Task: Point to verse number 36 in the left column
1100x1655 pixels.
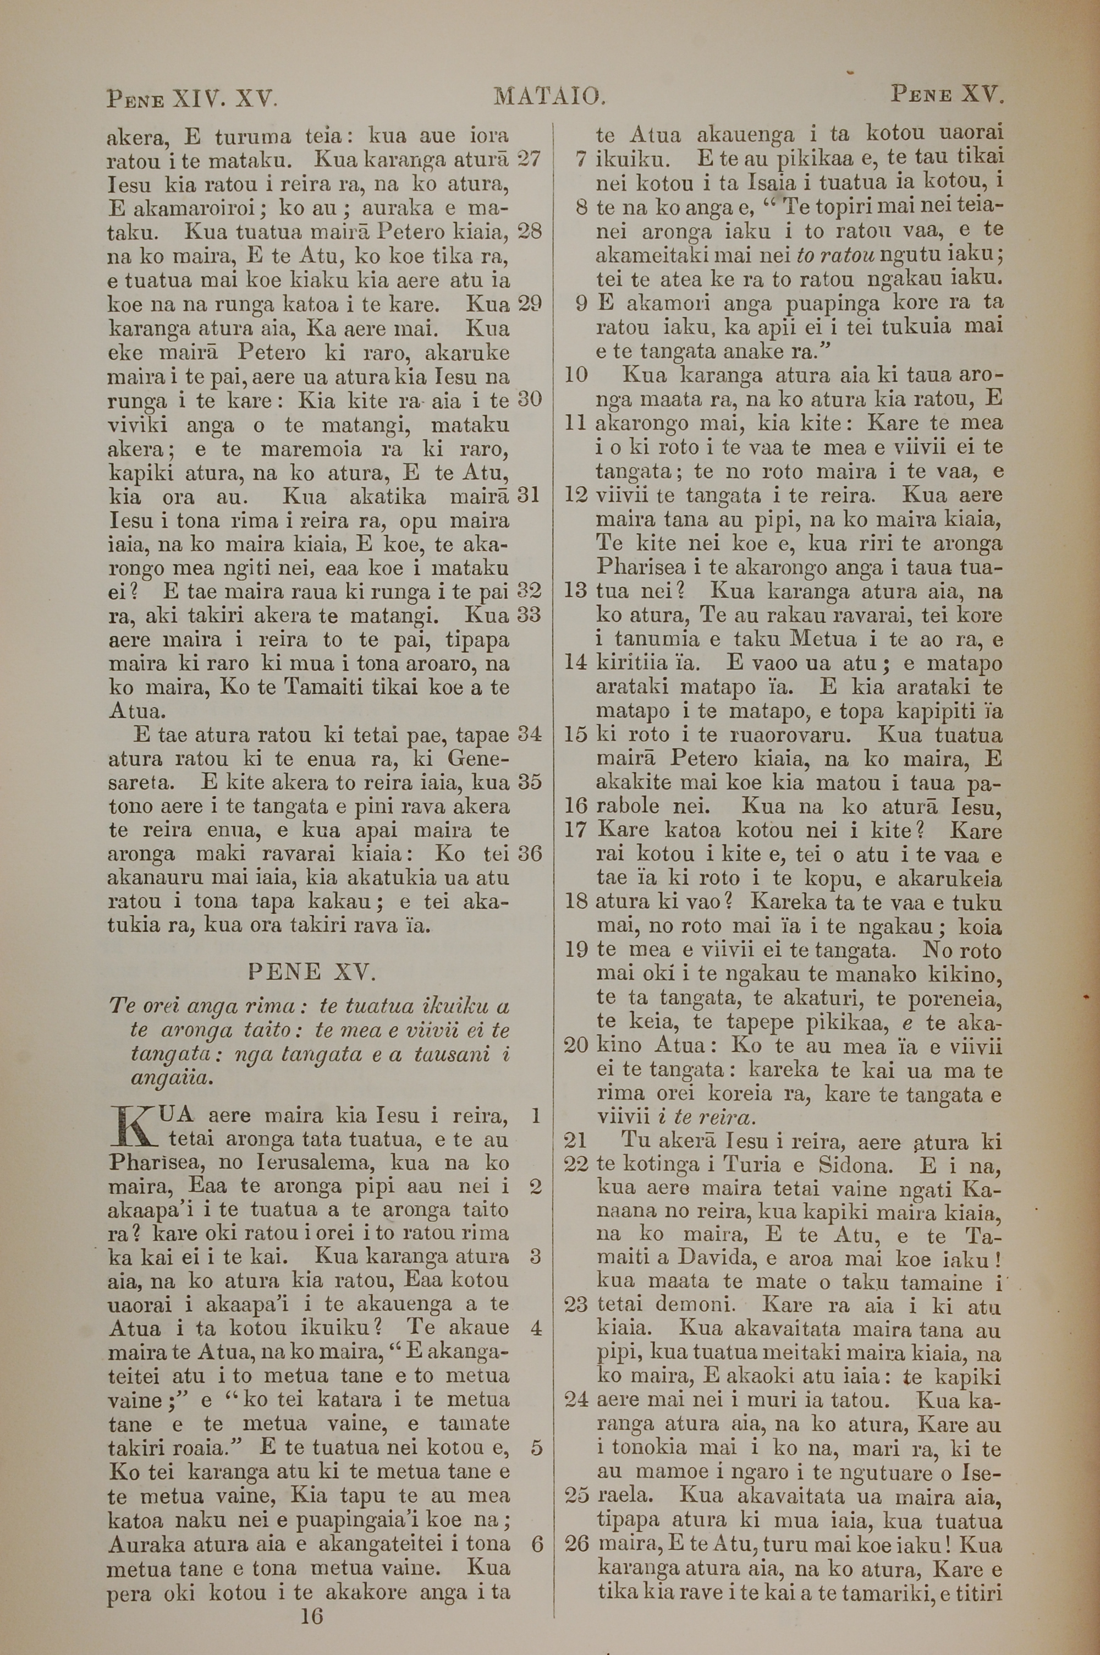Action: (530, 853)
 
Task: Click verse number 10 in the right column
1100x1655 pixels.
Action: (575, 375)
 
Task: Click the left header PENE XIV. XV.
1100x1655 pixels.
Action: (193, 97)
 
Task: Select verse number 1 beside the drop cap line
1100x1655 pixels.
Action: (535, 1115)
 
